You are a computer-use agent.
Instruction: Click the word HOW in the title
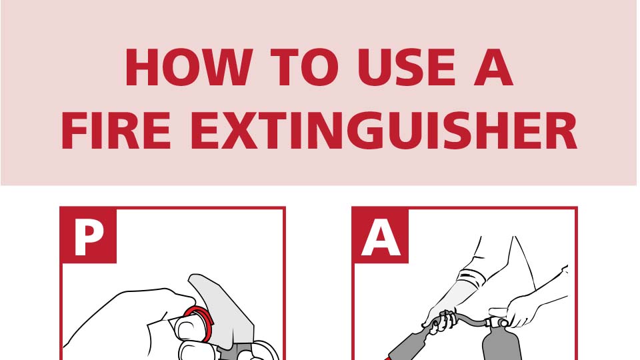click(x=189, y=67)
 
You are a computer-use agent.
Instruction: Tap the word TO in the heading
click(x=305, y=67)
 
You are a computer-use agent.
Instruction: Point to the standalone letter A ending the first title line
click(x=493, y=67)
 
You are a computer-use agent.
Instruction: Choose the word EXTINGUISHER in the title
click(x=383, y=131)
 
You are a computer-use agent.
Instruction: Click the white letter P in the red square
click(x=89, y=237)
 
